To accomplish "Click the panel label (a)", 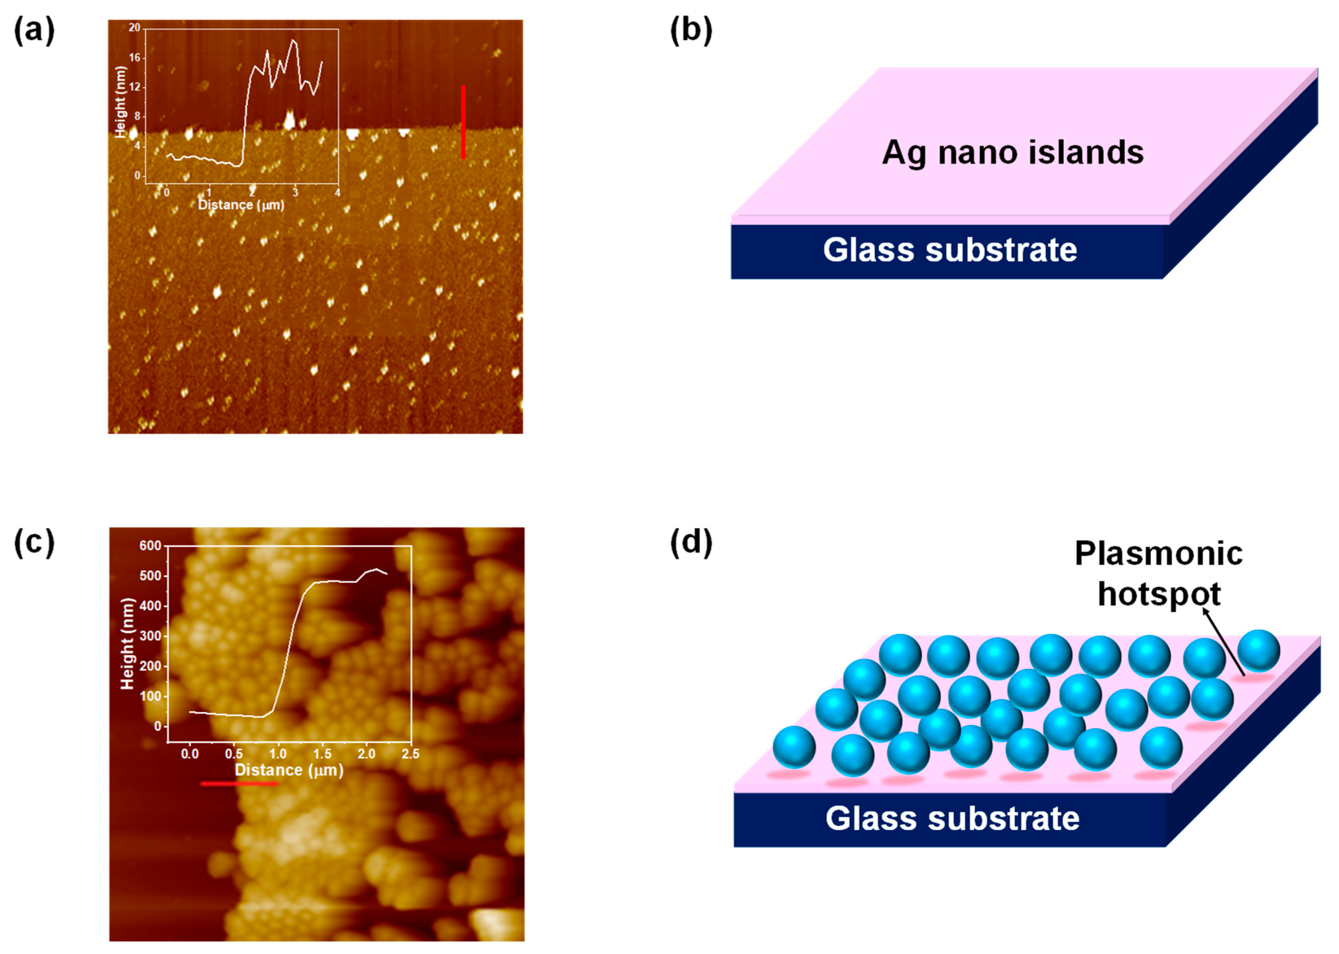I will [x=34, y=30].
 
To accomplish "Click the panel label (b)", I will [x=691, y=30].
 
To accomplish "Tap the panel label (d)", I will [x=691, y=542].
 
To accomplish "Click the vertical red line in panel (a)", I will [x=463, y=122].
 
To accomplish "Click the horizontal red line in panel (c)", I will [x=239, y=783].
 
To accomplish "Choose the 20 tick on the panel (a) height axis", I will [x=135, y=28].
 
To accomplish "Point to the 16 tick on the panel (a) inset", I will [x=135, y=58].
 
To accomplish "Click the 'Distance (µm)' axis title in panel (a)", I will [x=241, y=205].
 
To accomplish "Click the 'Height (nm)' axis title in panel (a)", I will [x=121, y=102].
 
